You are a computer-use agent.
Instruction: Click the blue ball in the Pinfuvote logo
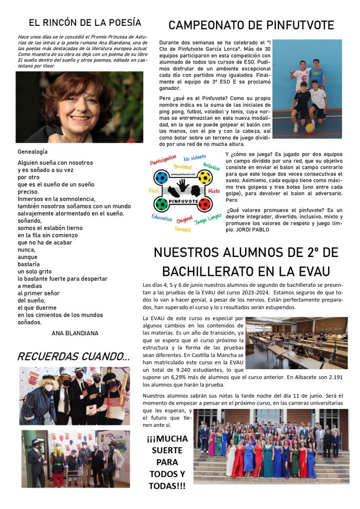point(162,177)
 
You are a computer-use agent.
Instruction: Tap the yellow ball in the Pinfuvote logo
point(204,177)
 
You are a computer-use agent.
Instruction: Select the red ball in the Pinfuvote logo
point(204,204)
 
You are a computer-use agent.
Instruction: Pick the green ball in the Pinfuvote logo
point(162,204)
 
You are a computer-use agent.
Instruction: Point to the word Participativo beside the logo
point(163,160)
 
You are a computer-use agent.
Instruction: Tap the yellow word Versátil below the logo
point(183,229)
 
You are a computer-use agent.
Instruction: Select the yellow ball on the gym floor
point(310,128)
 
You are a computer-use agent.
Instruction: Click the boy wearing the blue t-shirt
point(317,72)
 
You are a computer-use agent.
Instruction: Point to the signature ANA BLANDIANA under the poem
point(75,333)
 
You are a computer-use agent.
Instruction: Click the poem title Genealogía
point(32,152)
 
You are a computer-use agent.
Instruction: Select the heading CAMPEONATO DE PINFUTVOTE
point(251,25)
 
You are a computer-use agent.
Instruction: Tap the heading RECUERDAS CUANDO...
point(73,356)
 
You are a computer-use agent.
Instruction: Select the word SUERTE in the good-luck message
point(167,450)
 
